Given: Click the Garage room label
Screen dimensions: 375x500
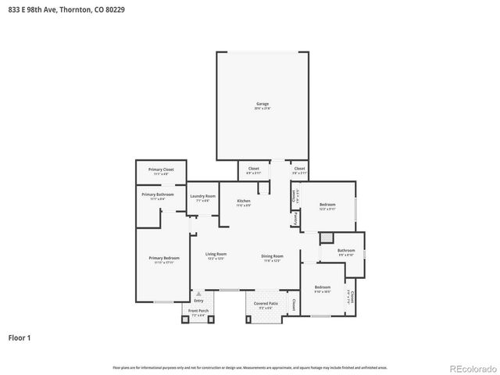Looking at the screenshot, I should pos(262,104).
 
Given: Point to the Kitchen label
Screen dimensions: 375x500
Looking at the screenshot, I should pos(244,202).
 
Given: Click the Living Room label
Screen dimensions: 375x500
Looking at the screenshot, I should pos(216,255).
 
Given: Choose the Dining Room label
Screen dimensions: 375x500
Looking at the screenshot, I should pos(272,255).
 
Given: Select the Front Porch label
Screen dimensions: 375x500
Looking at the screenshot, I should pos(198,311).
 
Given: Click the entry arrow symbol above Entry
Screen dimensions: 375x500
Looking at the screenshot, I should pos(198,294).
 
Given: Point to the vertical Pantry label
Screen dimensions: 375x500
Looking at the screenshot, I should pos(295,220).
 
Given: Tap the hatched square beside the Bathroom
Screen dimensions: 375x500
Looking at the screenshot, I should pos(327,237).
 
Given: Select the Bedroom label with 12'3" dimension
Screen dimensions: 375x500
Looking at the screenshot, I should pos(327,205).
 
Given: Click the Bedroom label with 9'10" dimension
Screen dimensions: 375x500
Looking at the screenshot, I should pos(322,287).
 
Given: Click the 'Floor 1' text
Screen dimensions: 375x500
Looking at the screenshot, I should pos(20,338).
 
